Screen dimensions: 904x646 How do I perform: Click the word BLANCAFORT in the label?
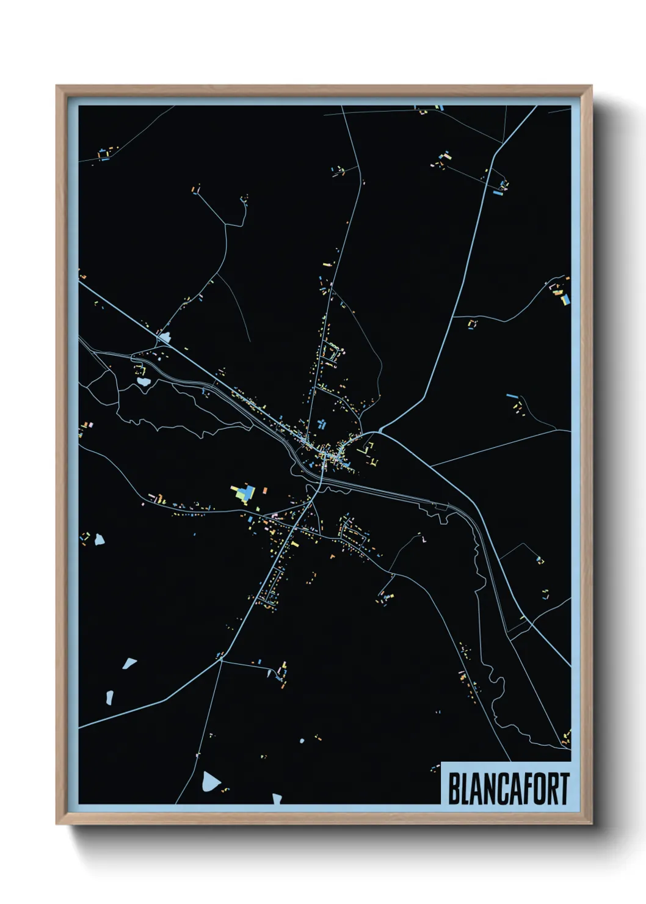pos(509,789)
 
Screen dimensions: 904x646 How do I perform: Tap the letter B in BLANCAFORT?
pos(454,789)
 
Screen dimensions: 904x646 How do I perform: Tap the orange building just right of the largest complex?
pos(265,490)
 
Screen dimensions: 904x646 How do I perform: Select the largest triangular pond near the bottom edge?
pos(210,781)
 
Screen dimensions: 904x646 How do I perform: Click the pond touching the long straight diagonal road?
pos(164,337)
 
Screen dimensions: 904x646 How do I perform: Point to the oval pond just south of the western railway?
pos(143,382)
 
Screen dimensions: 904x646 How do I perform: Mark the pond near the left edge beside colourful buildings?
pos(99,539)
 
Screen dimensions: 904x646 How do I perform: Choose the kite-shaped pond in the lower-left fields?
pos(129,663)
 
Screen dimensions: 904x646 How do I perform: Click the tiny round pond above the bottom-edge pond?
pos(302,741)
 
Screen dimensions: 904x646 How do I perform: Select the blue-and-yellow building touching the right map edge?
pos(566,299)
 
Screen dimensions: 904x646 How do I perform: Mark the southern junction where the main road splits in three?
pos(220,660)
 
